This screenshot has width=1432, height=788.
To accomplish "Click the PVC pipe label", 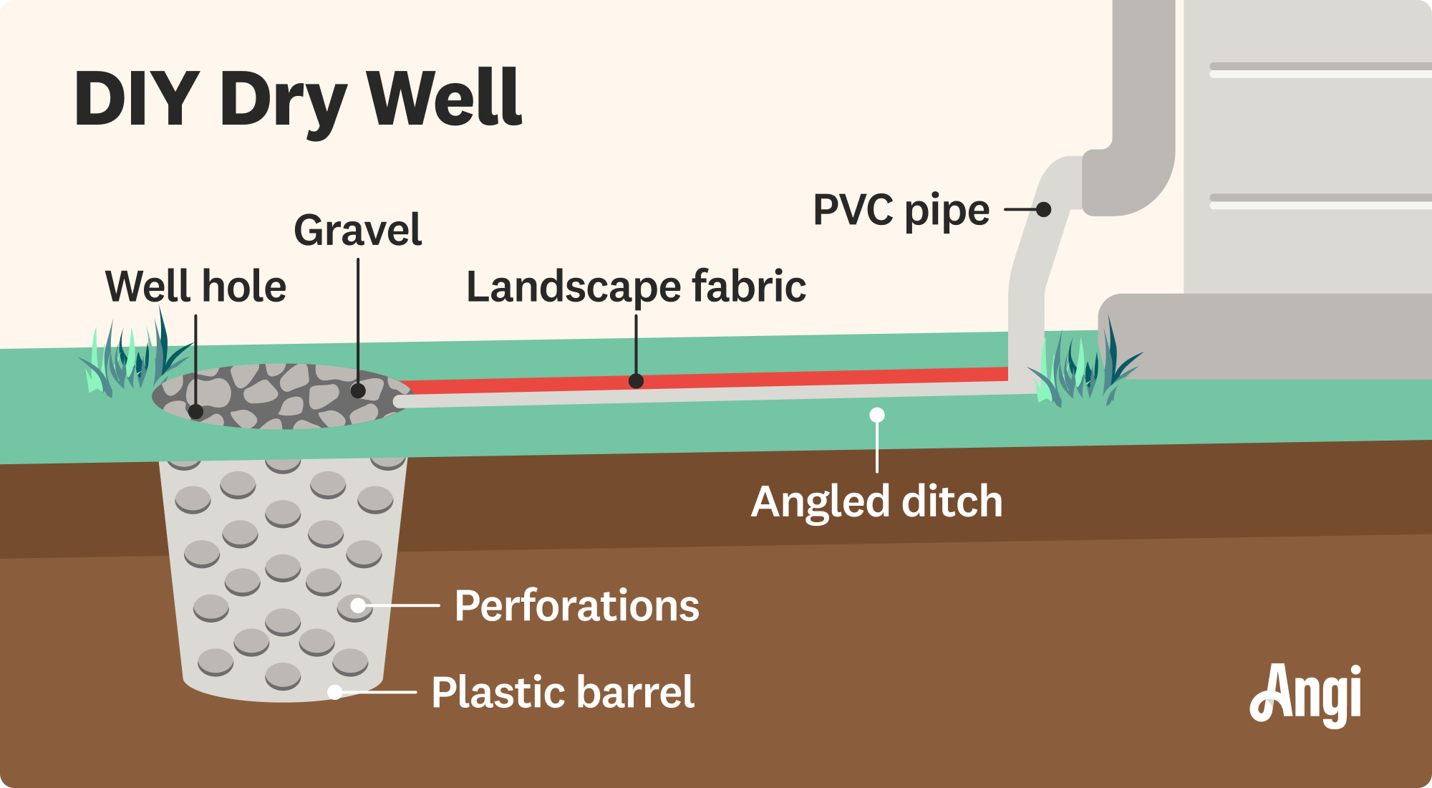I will (x=901, y=211).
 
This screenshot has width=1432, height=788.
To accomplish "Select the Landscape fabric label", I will (x=636, y=287).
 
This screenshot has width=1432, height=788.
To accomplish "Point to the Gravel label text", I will (x=357, y=231).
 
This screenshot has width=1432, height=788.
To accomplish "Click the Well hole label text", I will (x=195, y=287).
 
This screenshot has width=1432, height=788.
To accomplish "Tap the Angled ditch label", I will (x=876, y=501).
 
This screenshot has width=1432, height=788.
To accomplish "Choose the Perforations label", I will (x=576, y=606).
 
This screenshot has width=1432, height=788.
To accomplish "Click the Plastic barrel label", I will (x=563, y=692).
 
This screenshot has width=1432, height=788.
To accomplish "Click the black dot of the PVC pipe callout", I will (x=1044, y=209).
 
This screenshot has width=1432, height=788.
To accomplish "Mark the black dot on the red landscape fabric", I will (x=636, y=381).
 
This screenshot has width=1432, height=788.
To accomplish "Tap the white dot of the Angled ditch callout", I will (x=877, y=415).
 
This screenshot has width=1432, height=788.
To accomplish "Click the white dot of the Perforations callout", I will (x=357, y=606).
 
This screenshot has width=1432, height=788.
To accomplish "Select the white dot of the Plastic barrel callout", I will (x=334, y=692).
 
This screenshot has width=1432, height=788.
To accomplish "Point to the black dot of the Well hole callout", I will (x=195, y=412).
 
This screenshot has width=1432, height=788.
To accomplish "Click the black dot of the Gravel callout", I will (x=358, y=390).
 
